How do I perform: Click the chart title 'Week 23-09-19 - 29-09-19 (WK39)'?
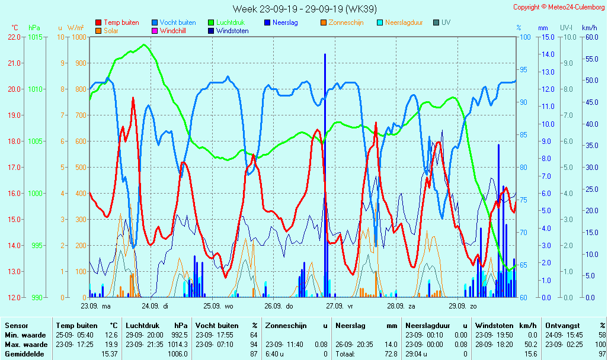(x=304, y=9)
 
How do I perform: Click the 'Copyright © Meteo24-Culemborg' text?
(x=559, y=7)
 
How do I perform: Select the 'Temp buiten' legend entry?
(x=121, y=22)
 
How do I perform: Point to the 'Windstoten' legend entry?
(x=232, y=31)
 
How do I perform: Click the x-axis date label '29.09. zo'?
(x=462, y=306)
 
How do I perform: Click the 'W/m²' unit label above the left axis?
(x=75, y=28)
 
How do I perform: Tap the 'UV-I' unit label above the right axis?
(x=566, y=28)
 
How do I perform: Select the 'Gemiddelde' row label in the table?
(x=24, y=354)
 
